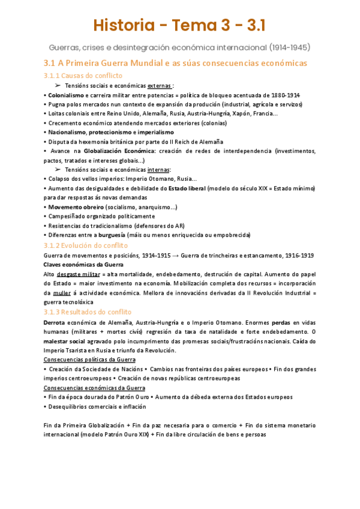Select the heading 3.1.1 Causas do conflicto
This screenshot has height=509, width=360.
[x=83, y=76]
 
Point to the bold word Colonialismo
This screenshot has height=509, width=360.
[x=66, y=95]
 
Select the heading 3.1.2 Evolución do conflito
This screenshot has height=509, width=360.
[x=86, y=245]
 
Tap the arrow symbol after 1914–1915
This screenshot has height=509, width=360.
[x=179, y=256]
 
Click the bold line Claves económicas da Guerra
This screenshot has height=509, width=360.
[x=83, y=265]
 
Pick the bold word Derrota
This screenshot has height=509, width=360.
[x=56, y=322]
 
